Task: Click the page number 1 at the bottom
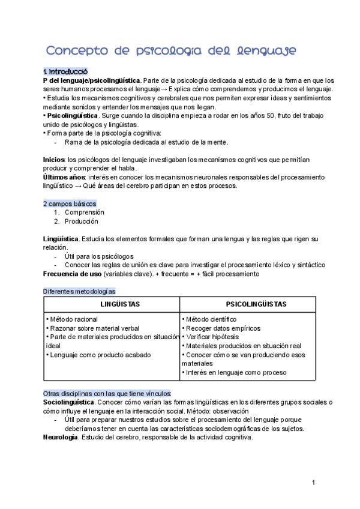click(313, 482)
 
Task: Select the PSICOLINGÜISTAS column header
click(248, 304)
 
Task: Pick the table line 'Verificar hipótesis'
click(212, 337)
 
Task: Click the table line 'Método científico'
click(211, 319)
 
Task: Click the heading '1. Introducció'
click(65, 71)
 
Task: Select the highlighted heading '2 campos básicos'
click(70, 203)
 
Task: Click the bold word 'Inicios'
click(54, 160)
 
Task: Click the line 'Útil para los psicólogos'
click(99, 256)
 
